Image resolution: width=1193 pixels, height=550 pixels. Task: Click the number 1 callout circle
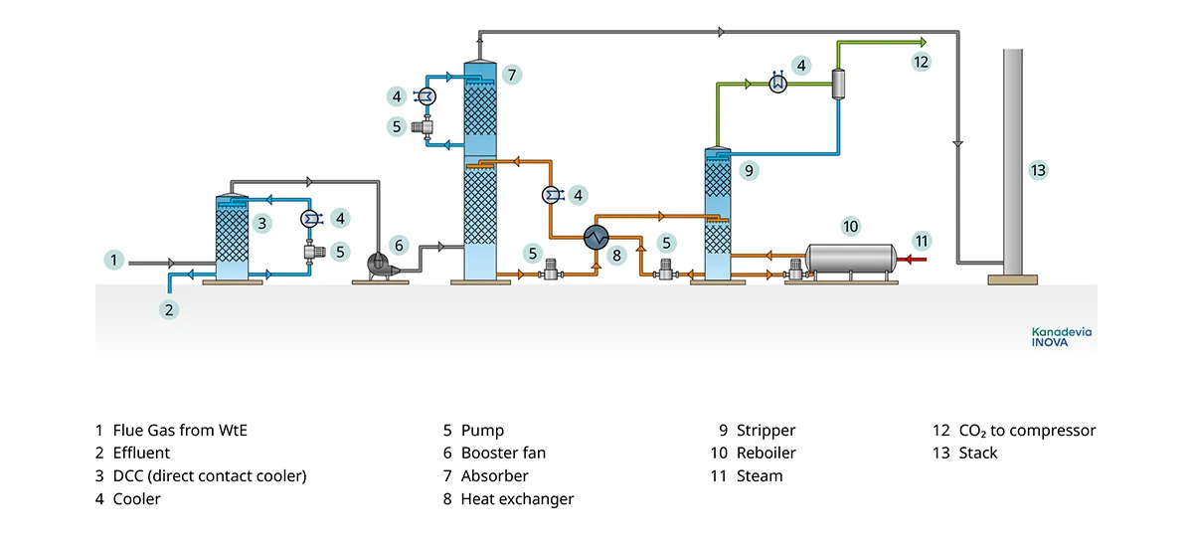coord(115,261)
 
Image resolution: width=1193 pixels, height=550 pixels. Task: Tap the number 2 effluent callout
coord(169,309)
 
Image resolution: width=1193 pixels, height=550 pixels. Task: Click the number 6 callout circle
coord(399,245)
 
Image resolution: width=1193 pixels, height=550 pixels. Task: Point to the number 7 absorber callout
coord(510,74)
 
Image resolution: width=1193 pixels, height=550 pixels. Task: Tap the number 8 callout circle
coord(616,255)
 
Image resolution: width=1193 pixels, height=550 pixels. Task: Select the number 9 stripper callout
coord(749,170)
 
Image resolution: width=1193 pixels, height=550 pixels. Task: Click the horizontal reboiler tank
coord(851,261)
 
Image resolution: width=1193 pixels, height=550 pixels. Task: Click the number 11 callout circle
coord(922,241)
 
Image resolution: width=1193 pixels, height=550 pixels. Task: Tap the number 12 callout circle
coord(922,61)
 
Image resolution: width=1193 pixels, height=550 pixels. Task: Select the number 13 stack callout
coord(1038,170)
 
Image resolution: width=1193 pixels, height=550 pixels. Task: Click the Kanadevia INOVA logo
coord(1060,335)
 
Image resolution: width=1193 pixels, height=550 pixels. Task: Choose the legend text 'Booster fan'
coord(503,453)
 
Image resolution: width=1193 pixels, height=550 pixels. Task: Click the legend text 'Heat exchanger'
coord(517,498)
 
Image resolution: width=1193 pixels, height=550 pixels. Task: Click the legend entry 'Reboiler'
coord(766,453)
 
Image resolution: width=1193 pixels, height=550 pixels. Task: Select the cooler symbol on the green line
coord(778,86)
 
